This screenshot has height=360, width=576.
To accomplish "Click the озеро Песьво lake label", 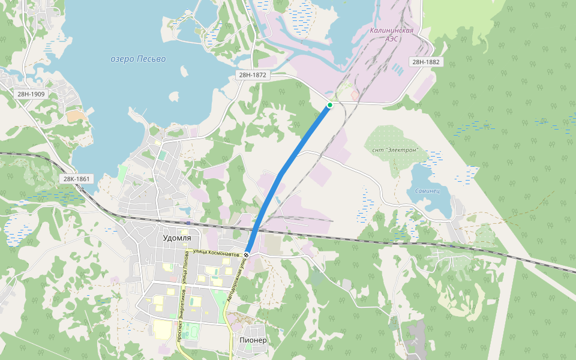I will [x=138, y=59].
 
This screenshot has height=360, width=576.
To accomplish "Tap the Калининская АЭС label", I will [x=392, y=34].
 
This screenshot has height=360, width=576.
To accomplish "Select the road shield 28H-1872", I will [x=252, y=75].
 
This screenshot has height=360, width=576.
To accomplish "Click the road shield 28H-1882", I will [x=425, y=62].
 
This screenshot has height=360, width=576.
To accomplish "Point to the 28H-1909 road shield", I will [x=31, y=94].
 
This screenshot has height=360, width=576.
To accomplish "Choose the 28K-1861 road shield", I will [x=77, y=179].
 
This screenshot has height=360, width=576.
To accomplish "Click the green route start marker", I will [x=329, y=105].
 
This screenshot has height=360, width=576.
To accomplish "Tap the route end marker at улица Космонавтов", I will [x=247, y=256].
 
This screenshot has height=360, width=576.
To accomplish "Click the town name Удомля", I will [x=177, y=238].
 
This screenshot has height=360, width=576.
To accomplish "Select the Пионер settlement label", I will [x=252, y=340].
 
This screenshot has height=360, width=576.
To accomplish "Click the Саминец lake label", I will [x=427, y=191].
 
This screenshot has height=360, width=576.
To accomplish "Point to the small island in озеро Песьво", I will [x=174, y=96].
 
